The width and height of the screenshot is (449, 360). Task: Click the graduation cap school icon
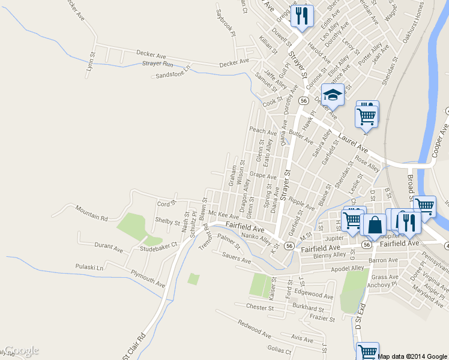(x=332, y=95)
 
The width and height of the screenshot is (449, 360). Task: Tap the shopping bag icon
(x=375, y=226)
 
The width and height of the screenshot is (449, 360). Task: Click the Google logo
(x=22, y=350)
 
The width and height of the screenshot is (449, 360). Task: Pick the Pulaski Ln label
(x=89, y=266)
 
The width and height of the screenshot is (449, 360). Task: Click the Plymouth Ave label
(x=148, y=279)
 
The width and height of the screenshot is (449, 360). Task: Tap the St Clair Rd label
(x=135, y=346)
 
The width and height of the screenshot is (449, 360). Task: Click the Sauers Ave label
(x=236, y=259)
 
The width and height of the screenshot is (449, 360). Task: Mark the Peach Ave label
(x=263, y=131)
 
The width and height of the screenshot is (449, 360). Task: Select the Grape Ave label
(x=263, y=176)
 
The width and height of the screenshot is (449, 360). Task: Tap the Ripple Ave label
(x=301, y=203)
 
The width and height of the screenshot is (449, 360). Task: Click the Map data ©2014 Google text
(x=412, y=356)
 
